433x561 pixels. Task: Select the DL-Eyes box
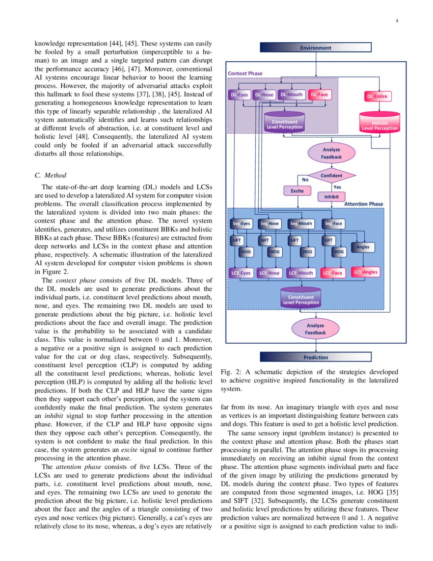(238, 95)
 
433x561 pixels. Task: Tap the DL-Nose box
(264, 95)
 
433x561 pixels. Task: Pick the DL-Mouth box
(291, 95)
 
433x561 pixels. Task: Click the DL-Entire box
(378, 96)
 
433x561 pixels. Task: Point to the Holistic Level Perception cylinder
(380, 124)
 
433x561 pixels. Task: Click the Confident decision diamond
(331, 176)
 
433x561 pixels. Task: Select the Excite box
(297, 191)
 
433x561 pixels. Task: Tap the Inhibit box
(331, 196)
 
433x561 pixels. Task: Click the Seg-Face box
(333, 223)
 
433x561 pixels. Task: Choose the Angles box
(363, 247)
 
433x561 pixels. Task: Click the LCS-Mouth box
(301, 273)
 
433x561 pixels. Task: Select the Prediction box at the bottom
(315, 357)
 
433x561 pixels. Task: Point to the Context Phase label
(245, 73)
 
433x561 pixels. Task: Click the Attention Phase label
(364, 204)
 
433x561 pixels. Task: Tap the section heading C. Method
(49, 175)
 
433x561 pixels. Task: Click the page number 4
(396, 21)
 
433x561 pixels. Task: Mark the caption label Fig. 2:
(232, 372)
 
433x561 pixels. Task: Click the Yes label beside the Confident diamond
(337, 187)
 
